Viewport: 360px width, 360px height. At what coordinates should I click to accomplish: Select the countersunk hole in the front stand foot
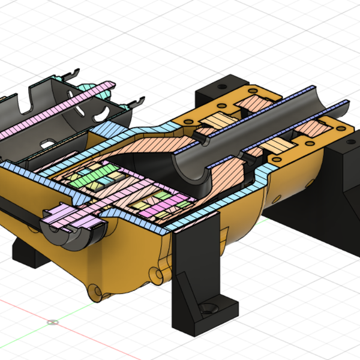point(209,309)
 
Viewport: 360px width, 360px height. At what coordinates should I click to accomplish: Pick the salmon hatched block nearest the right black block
point(312,128)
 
